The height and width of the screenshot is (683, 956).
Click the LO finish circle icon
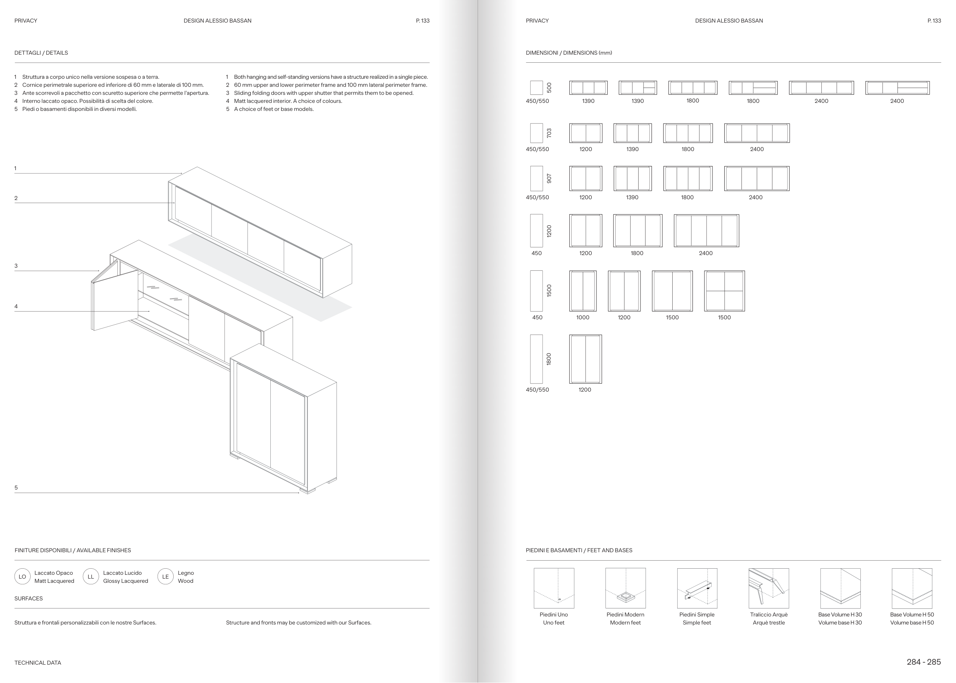pyautogui.click(x=22, y=577)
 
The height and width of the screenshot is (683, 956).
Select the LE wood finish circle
pyautogui.click(x=165, y=577)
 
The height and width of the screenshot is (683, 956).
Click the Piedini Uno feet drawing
pyautogui.click(x=553, y=588)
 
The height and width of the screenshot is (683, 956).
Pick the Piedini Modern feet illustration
pyautogui.click(x=625, y=588)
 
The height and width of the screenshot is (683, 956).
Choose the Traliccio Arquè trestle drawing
pyautogui.click(x=768, y=588)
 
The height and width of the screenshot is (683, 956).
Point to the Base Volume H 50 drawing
pyautogui.click(x=911, y=588)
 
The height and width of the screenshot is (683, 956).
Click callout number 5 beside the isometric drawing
pyautogui.click(x=16, y=488)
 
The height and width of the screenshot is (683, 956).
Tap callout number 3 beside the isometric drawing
pyautogui.click(x=16, y=266)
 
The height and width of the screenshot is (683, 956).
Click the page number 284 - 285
pyautogui.click(x=923, y=662)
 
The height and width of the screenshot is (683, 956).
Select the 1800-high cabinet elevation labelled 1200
pyautogui.click(x=585, y=359)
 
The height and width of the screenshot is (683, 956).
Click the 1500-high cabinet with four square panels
pyautogui.click(x=724, y=291)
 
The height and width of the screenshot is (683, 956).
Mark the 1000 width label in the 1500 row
pyautogui.click(x=582, y=317)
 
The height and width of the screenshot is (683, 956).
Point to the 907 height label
pyautogui.click(x=549, y=178)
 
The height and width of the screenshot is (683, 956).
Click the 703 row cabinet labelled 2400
pyautogui.click(x=757, y=133)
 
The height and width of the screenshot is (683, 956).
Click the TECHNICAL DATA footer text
pyautogui.click(x=38, y=663)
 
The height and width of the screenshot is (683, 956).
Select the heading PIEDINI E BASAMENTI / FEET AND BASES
pyautogui.click(x=579, y=550)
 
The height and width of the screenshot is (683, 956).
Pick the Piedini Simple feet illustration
pyautogui.click(x=697, y=588)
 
